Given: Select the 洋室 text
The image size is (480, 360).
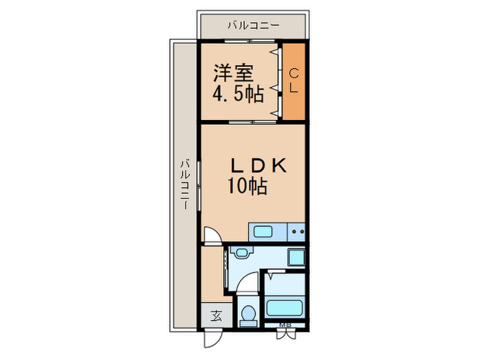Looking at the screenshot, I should click(234, 72).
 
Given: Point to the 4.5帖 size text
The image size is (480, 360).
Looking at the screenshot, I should click(238, 93).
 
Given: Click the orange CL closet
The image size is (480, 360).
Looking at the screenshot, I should click(293, 81).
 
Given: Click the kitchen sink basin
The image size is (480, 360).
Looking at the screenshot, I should click(263, 231).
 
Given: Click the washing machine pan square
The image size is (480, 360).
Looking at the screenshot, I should click(296, 258).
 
